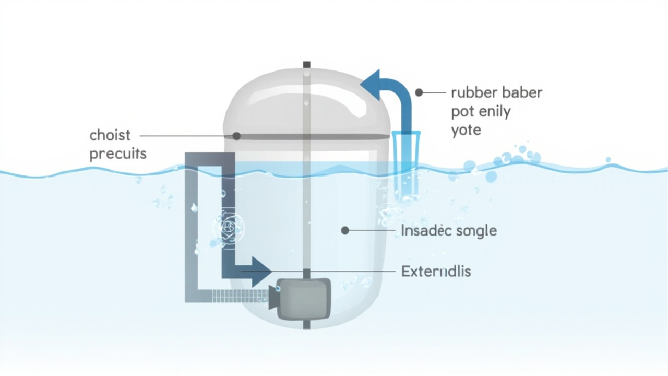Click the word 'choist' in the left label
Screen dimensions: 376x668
point(110,135)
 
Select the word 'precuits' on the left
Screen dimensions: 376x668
point(118,155)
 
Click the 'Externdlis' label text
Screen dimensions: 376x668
point(436,272)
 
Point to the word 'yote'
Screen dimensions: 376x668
point(466,130)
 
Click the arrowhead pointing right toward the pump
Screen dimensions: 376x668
point(263,272)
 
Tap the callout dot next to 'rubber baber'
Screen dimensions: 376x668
point(419,92)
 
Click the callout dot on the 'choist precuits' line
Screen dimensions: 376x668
point(236,136)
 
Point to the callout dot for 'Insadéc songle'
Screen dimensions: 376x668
point(345,230)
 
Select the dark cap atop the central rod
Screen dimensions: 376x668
point(307,65)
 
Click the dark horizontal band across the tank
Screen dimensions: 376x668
point(334,137)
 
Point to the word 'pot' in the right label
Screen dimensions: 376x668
point(461,112)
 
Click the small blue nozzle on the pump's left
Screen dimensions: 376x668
point(277,288)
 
